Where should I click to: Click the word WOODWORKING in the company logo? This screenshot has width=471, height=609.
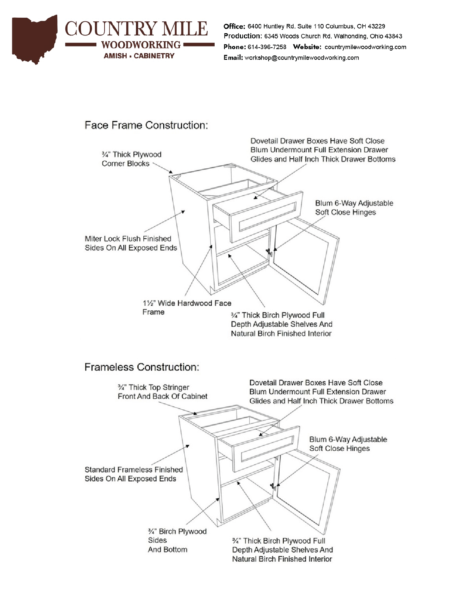pyautogui.click(x=141, y=45)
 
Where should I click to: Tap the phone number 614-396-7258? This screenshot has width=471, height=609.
pyautogui.click(x=267, y=47)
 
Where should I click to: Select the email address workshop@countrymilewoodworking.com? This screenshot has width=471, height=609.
pyautogui.click(x=301, y=58)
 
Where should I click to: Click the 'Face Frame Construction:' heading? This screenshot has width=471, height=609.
pyautogui.click(x=146, y=125)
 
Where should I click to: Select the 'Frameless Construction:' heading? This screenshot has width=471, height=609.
pyautogui.click(x=142, y=367)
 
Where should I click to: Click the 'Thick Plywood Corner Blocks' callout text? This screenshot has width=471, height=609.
pyautogui.click(x=131, y=159)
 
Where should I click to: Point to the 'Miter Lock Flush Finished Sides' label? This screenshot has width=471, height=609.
pyautogui.click(x=130, y=243)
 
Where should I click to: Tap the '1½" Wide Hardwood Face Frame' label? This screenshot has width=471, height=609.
pyautogui.click(x=187, y=307)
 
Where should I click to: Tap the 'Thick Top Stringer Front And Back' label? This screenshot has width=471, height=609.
pyautogui.click(x=162, y=392)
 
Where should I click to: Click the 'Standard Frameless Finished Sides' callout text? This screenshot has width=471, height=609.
pyautogui.click(x=133, y=474)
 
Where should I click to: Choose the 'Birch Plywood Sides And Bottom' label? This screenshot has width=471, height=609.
pyautogui.click(x=177, y=540)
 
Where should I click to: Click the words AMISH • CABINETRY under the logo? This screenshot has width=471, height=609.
pyautogui.click(x=139, y=56)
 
